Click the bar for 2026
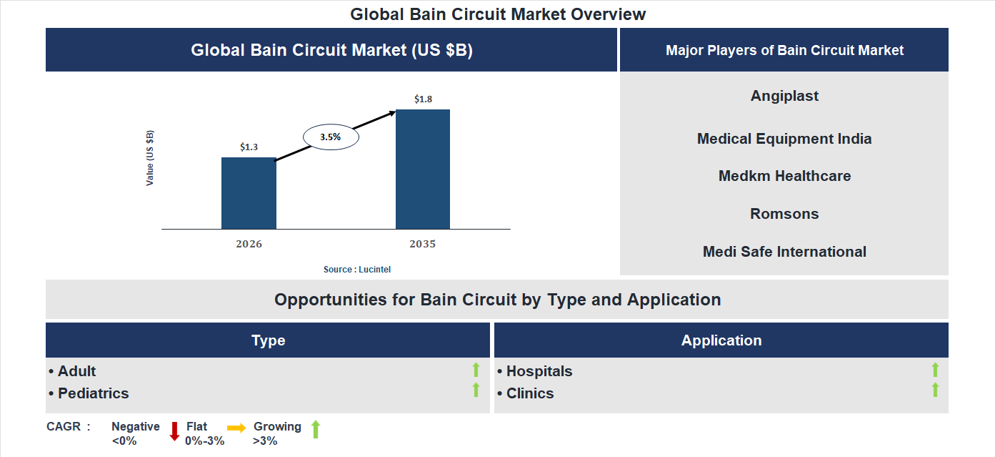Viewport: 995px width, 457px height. coord(249,193)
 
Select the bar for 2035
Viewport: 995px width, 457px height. coord(423,169)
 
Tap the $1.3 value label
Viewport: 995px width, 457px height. coord(249,147)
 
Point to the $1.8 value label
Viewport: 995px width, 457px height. coord(423,99)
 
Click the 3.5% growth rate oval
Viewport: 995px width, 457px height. coord(331,136)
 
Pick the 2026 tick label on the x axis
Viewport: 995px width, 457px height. coord(249,244)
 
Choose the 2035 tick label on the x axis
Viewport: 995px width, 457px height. coord(423,244)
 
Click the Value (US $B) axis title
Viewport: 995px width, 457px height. coord(150,158)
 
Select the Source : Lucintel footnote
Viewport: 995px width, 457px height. coord(357,270)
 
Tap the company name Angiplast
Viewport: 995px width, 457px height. coord(784,96)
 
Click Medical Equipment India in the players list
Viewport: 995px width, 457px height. coord(784,139)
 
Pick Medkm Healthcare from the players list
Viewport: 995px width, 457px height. coord(784,176)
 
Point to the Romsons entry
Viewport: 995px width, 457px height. coord(784,214)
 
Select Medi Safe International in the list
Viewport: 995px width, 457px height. coord(784,252)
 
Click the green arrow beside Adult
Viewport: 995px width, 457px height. coord(476,370)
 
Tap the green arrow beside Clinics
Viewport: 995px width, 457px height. coord(935,390)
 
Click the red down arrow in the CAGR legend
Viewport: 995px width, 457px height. coord(174,431)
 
